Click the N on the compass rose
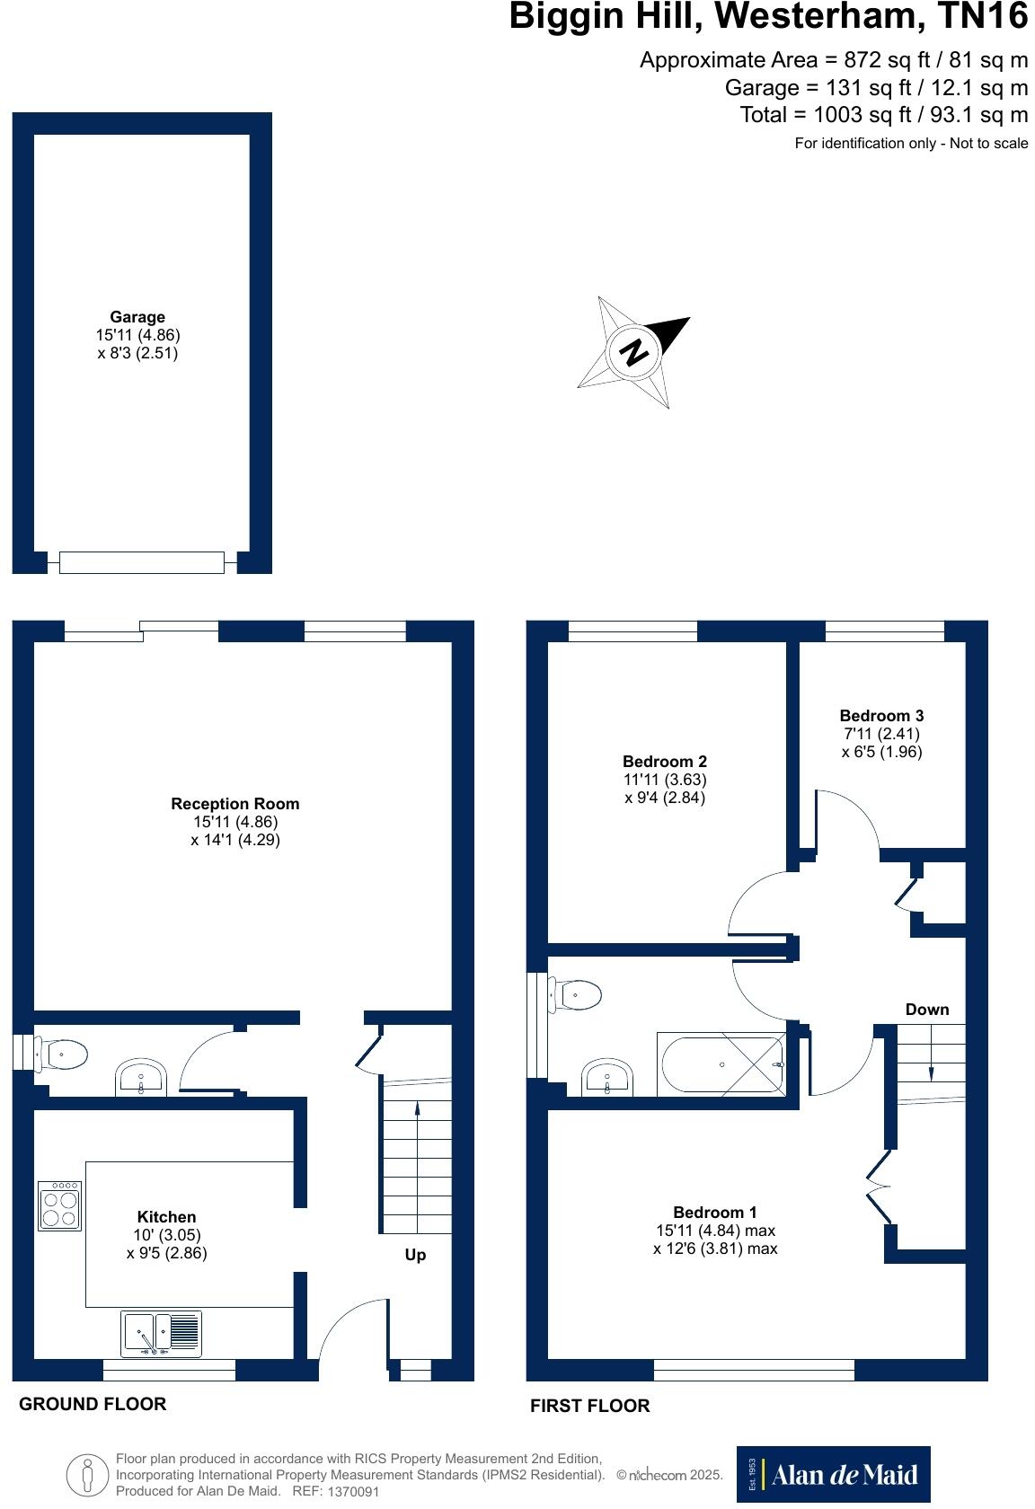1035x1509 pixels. pos(635,351)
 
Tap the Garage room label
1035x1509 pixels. pos(137,317)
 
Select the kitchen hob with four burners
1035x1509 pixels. pos(60,1205)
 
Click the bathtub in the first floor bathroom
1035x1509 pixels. pos(722,1064)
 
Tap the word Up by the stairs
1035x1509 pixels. pos(415,1255)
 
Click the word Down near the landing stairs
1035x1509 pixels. pos(926,1010)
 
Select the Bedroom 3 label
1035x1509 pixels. pos(881,716)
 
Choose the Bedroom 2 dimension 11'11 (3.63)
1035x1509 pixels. pos(665,780)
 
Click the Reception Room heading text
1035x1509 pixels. pos(235,804)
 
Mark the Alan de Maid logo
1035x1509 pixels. pos(833,1474)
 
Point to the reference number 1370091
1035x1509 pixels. pos(353,1492)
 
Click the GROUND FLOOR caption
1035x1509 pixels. pos(93,1404)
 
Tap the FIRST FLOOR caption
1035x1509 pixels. pos(589,1406)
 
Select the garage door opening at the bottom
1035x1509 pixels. pos(142,562)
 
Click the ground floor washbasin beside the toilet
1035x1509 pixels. pos(141,1077)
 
